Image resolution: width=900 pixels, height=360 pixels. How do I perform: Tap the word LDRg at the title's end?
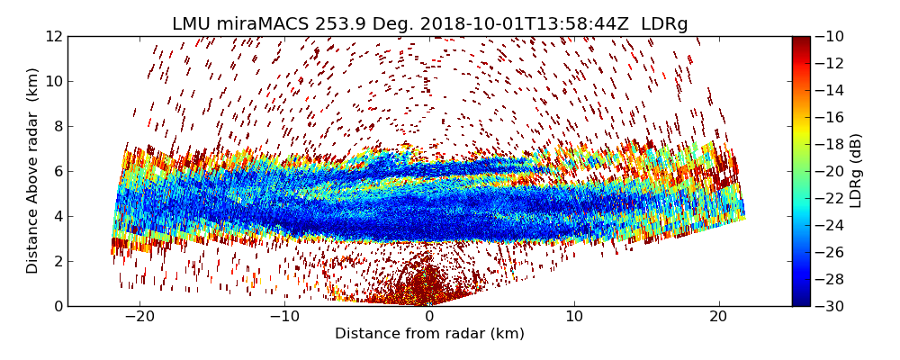coord(664,24)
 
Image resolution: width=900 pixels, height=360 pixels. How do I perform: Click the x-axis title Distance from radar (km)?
coord(429,334)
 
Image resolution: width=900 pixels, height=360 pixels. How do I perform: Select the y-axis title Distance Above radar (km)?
coord(33,170)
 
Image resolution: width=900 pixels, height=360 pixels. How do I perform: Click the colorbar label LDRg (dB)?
coord(856,170)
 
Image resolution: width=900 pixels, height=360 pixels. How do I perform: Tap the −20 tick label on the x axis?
coord(139,317)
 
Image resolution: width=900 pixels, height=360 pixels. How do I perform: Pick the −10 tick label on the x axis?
coord(284,317)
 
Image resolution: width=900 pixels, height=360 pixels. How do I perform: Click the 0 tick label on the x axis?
coord(429,317)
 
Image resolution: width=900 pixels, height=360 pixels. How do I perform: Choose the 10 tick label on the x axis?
coord(574,317)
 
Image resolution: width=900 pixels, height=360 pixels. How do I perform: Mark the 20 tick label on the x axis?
coord(718,317)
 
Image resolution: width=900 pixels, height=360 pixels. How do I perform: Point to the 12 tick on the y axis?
coord(54,36)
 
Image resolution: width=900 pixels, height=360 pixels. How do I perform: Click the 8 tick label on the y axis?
coord(58,126)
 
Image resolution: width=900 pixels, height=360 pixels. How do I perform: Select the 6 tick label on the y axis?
coord(58,171)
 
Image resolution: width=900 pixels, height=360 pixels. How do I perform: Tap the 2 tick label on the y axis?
coord(58,261)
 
